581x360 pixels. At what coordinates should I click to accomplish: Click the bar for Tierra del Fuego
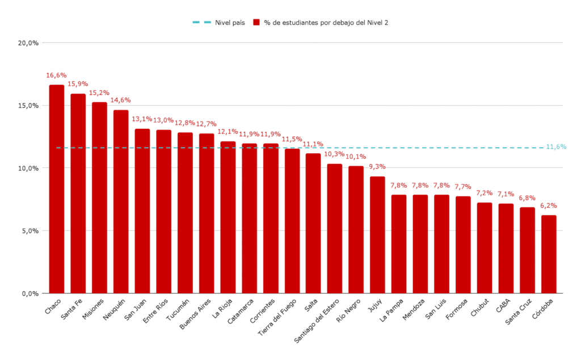292,221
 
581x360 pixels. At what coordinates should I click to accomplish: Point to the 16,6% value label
57,75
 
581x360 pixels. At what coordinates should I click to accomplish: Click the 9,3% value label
377,166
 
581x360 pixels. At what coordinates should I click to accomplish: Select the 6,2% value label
549,206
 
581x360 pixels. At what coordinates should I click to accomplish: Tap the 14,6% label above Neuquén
120,100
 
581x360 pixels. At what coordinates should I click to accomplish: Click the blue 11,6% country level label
555,147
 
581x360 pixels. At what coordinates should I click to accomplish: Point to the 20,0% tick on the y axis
28,43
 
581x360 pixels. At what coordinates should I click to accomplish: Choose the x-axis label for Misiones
92,309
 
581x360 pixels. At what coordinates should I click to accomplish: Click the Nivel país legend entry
218,23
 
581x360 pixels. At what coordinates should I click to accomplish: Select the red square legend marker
256,23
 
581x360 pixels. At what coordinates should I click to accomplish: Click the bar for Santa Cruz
527,250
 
